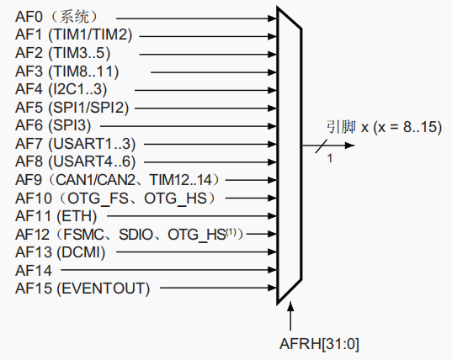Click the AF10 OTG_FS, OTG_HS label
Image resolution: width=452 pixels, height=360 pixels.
coord(116,198)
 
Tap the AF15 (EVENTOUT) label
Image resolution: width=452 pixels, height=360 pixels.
coord(82,289)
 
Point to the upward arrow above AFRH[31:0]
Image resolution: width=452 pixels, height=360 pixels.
coord(290,320)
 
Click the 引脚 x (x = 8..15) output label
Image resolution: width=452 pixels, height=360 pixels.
coord(383,127)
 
